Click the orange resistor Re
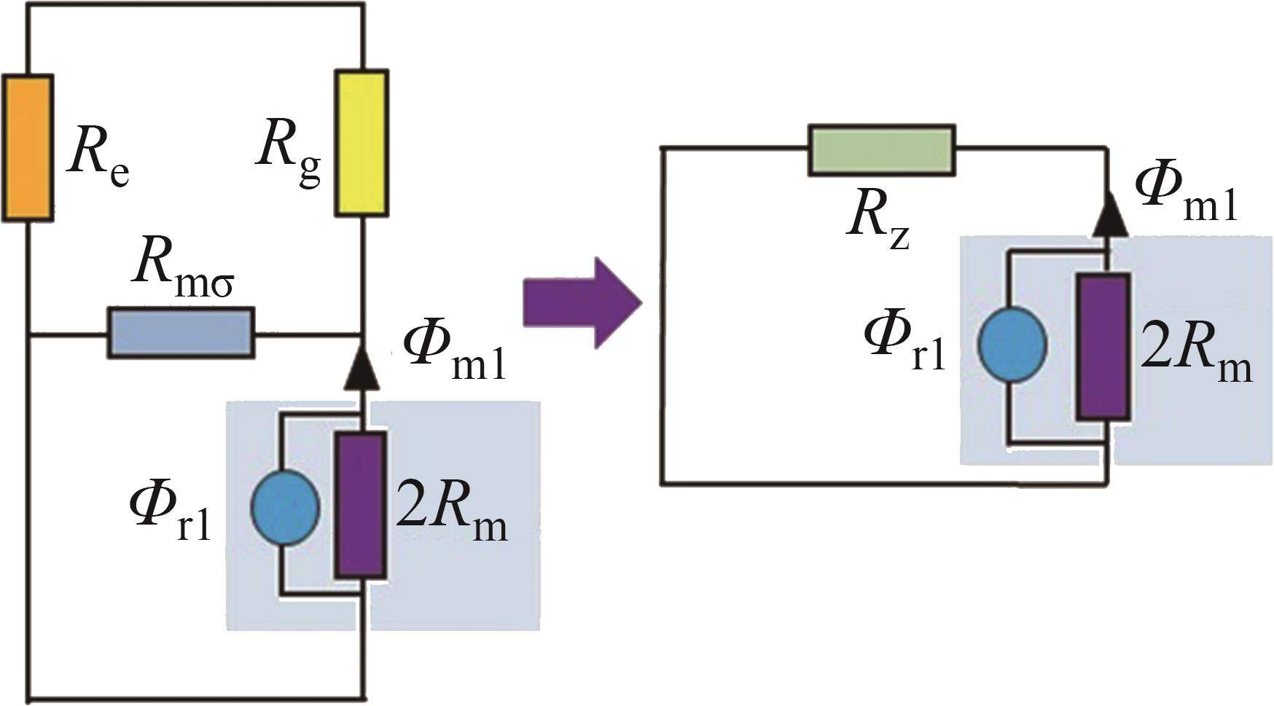click(x=28, y=148)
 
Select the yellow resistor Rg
click(x=362, y=143)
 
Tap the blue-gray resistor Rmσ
click(x=181, y=333)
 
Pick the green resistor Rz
click(x=881, y=150)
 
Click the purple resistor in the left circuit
click(x=360, y=506)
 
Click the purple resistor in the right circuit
click(x=1103, y=347)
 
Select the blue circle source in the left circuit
click(x=285, y=508)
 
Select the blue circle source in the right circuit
click(x=1012, y=345)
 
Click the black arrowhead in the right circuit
click(x=1109, y=215)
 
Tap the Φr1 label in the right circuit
click(x=904, y=342)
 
